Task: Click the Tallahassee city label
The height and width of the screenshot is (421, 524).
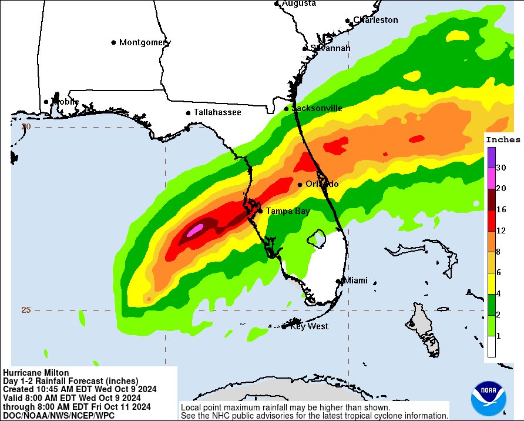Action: (x=217, y=112)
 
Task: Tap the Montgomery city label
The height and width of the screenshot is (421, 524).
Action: (x=145, y=42)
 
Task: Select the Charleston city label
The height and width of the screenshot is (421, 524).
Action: (x=375, y=20)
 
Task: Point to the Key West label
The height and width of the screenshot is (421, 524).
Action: (x=309, y=326)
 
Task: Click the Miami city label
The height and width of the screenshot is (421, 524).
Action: (x=355, y=280)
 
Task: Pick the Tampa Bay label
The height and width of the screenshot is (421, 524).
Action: (x=288, y=210)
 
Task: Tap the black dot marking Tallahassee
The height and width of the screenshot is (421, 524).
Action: (x=188, y=113)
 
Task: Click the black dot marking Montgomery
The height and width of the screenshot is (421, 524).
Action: (x=114, y=42)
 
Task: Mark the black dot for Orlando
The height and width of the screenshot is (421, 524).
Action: (x=300, y=185)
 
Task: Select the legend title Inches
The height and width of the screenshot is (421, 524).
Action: (x=503, y=140)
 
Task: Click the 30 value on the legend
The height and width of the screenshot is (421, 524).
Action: (x=501, y=168)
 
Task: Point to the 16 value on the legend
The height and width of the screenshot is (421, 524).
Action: (x=501, y=209)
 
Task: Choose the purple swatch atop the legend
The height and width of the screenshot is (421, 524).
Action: (x=491, y=156)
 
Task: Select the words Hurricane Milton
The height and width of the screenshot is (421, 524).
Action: (x=36, y=373)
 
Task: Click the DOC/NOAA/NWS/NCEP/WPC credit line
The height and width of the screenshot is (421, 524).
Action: (x=59, y=415)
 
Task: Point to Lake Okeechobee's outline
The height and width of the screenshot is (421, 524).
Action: (x=317, y=238)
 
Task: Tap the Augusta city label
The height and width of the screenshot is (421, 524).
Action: (x=299, y=4)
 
